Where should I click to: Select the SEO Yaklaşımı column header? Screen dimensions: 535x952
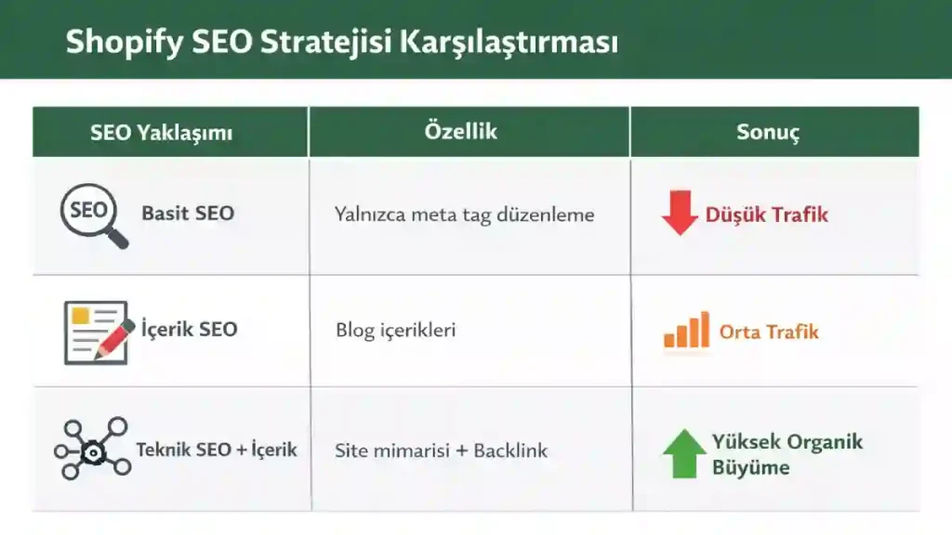click(x=161, y=132)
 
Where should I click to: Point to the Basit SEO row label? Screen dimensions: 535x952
click(x=188, y=213)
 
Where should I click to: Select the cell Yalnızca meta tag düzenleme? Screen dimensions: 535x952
click(x=464, y=215)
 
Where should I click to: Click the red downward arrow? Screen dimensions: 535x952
click(x=680, y=213)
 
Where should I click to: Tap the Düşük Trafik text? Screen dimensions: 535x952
click(x=766, y=215)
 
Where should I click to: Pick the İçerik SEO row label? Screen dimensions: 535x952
click(x=189, y=329)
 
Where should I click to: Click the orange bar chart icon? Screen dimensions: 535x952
click(x=686, y=331)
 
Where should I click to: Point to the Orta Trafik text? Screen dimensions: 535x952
click(x=769, y=332)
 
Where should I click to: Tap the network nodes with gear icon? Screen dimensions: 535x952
click(x=91, y=449)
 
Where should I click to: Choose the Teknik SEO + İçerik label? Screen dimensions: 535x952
click(x=217, y=450)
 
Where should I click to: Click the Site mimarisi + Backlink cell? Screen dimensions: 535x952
click(x=441, y=451)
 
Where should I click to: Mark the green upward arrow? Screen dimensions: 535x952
click(x=684, y=454)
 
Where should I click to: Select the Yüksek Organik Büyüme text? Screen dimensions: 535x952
click(x=787, y=454)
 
